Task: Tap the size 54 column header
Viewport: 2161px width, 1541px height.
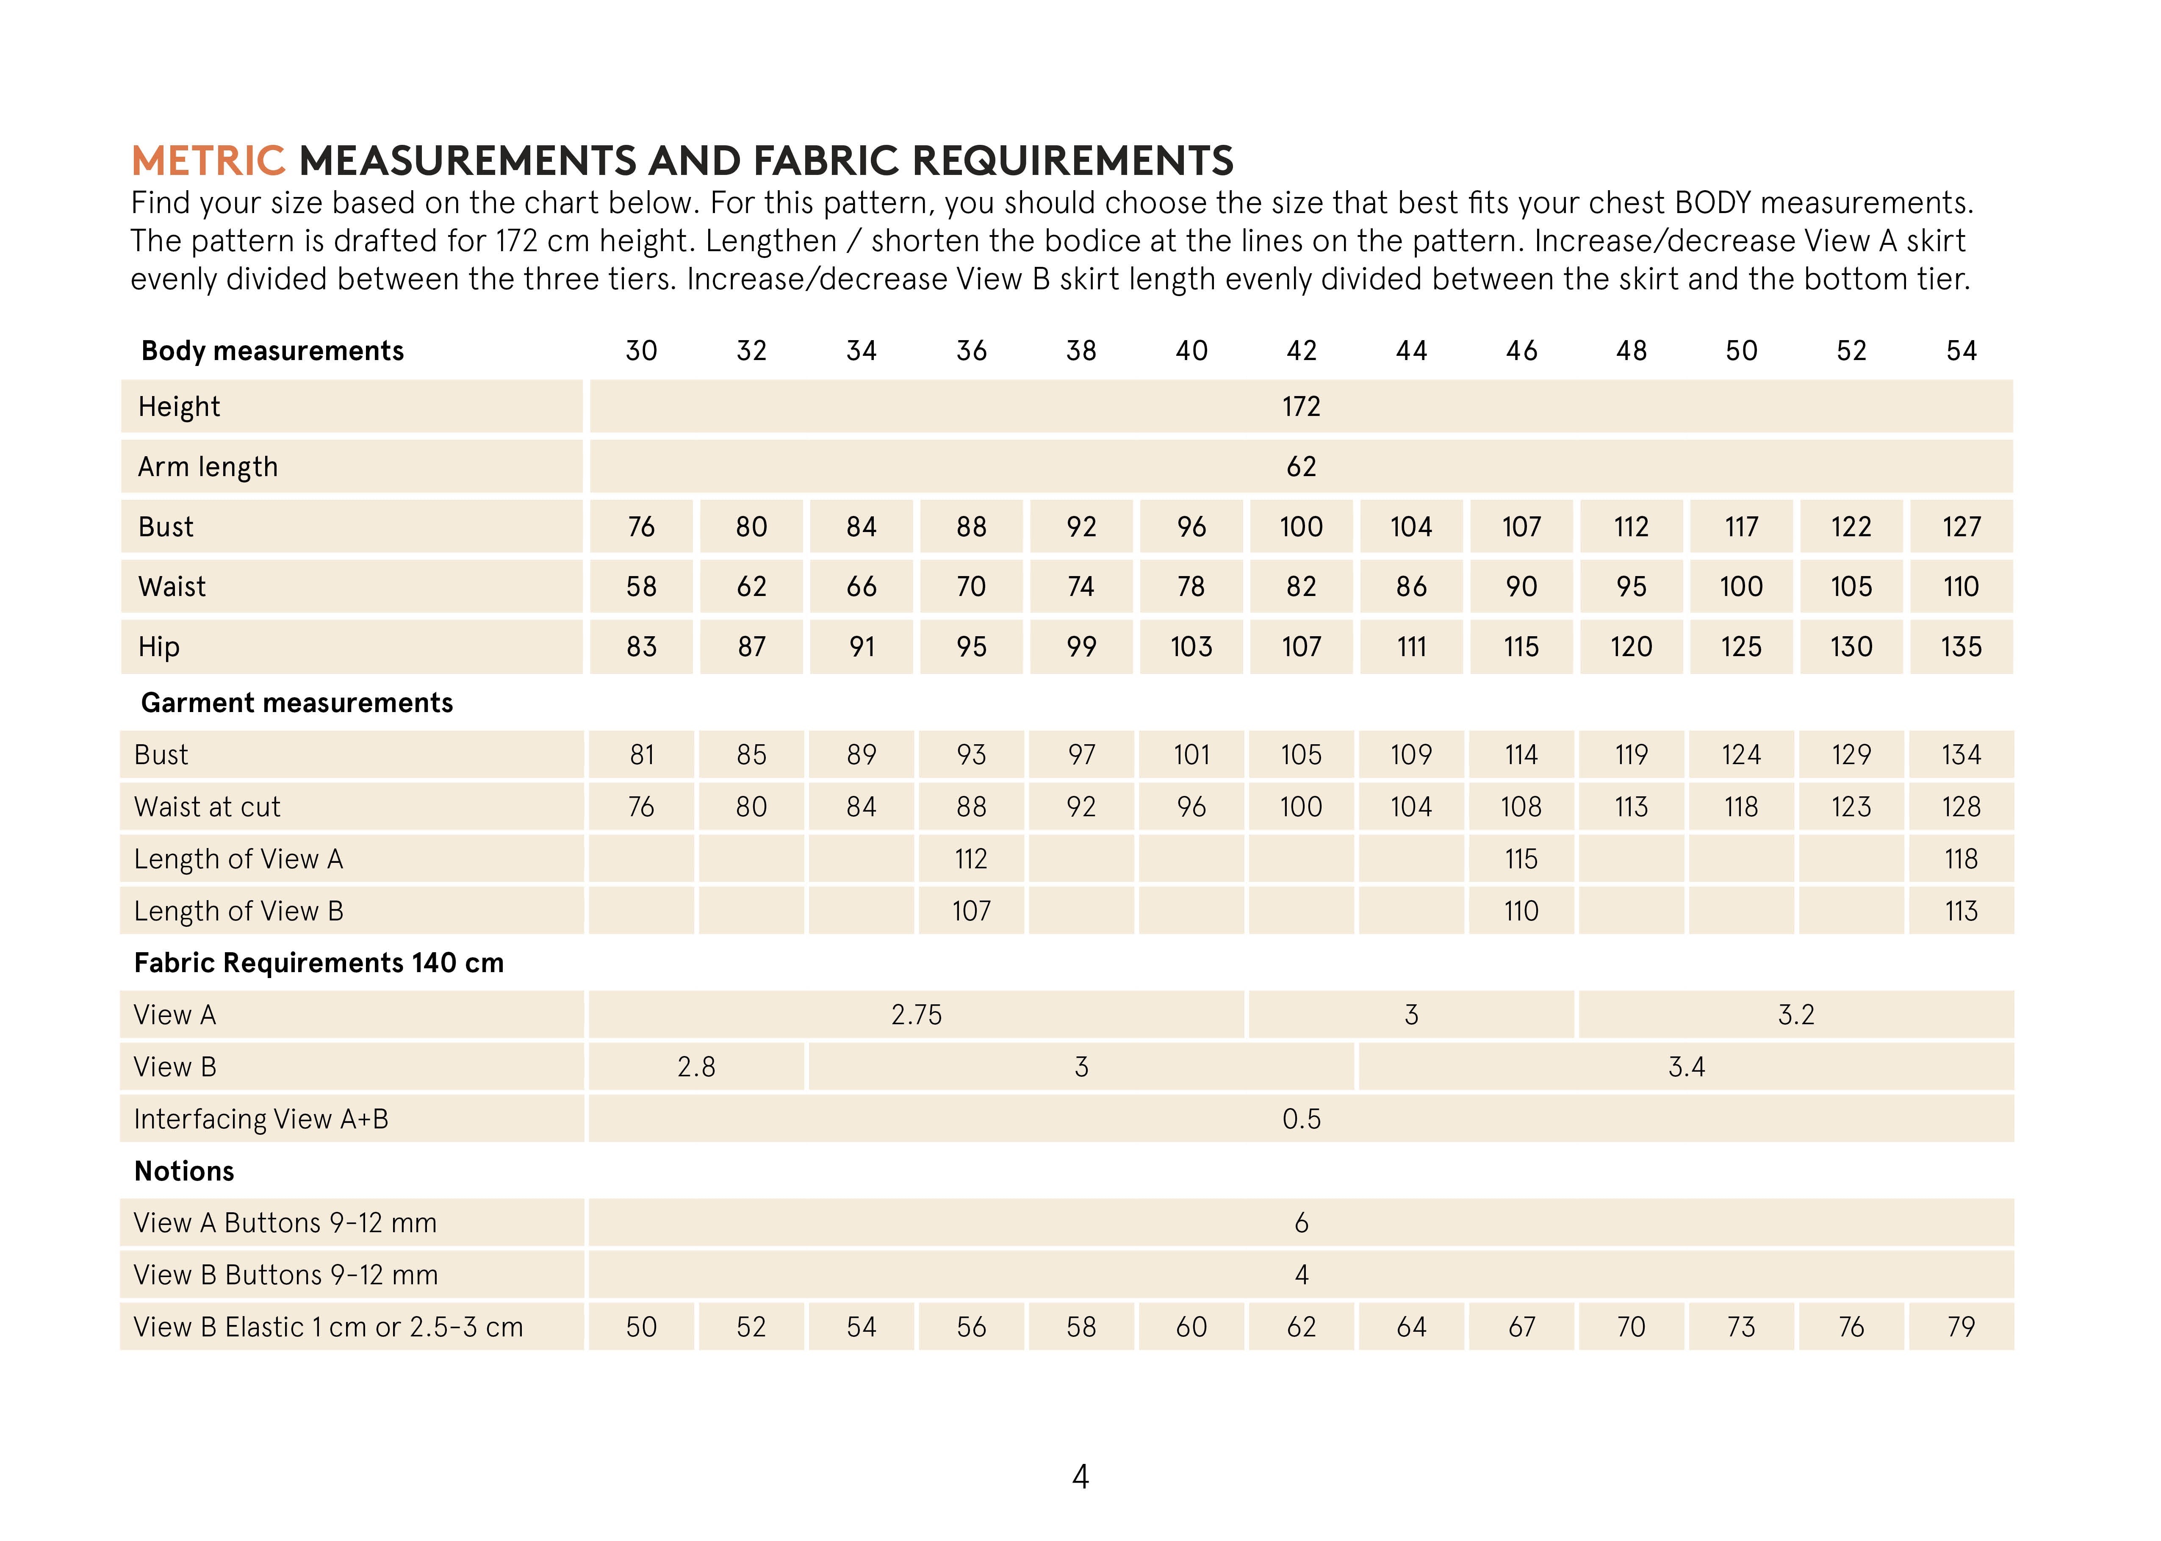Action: (1961, 351)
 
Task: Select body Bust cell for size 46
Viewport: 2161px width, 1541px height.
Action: (1521, 527)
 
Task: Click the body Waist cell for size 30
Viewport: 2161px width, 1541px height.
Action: (641, 586)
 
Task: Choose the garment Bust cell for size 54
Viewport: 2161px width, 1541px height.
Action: (1961, 755)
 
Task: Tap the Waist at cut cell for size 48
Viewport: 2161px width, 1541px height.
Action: (1631, 807)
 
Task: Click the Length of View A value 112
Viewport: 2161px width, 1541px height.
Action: (970, 860)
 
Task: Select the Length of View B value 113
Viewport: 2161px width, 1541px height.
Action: (1961, 912)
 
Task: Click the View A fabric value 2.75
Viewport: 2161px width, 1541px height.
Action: (917, 1015)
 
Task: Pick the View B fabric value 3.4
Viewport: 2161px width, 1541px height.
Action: (1686, 1067)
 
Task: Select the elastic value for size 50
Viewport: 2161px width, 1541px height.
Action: (1741, 1328)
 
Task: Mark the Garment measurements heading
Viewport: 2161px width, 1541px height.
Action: (297, 703)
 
